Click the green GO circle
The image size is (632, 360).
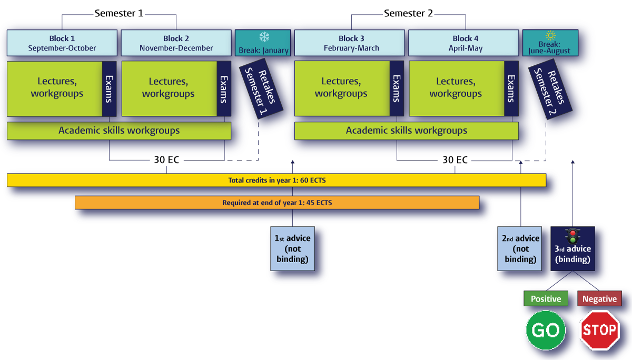pos(546,330)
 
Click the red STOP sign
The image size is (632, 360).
pos(600,330)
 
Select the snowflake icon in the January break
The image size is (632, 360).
pos(263,37)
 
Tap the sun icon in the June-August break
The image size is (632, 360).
pos(550,35)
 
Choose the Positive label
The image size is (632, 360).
pos(546,299)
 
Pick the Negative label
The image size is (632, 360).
pos(599,299)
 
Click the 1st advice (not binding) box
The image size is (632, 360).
pos(292,248)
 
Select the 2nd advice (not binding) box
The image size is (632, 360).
pos(520,248)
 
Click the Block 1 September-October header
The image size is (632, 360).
pos(62,43)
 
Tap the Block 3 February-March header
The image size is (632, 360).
pos(351,43)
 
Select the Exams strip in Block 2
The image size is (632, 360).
pos(224,88)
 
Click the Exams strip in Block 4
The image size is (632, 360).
pos(511,88)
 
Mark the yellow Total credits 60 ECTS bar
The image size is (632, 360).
pos(276,181)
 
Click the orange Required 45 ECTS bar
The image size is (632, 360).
pos(276,203)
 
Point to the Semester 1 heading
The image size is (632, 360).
pos(118,14)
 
